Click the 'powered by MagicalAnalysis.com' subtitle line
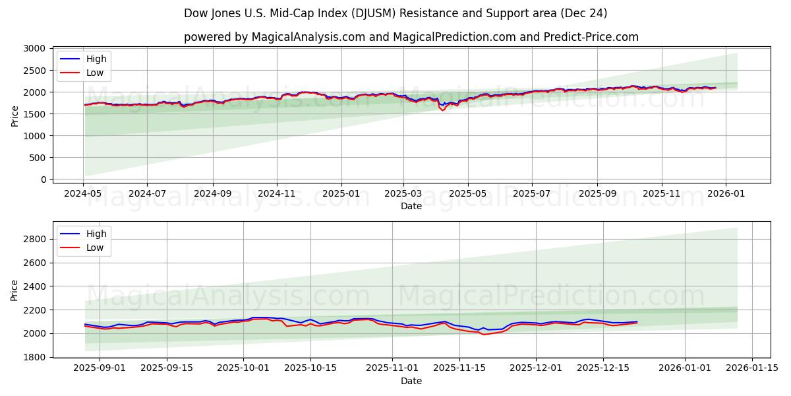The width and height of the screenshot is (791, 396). [411, 37]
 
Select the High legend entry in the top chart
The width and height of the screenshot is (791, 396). [96, 59]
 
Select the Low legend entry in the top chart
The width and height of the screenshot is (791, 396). [95, 73]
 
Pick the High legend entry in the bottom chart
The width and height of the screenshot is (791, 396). [96, 234]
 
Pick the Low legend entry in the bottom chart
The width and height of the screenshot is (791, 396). [95, 247]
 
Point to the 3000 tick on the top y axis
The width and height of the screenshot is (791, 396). [35, 49]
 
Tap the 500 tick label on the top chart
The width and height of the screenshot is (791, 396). [38, 158]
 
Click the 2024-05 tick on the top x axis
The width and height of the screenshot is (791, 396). [83, 194]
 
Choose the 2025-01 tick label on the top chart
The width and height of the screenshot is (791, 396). [341, 194]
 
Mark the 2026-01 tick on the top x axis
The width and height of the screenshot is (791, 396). [726, 194]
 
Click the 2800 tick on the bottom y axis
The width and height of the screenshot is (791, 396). [35, 239]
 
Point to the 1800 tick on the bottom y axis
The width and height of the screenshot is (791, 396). [35, 357]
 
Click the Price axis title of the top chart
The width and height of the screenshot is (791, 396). [15, 115]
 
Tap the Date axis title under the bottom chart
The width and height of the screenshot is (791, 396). [411, 381]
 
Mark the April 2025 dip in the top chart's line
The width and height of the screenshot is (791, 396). [442, 110]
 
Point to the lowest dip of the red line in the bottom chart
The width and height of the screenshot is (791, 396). [483, 335]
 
